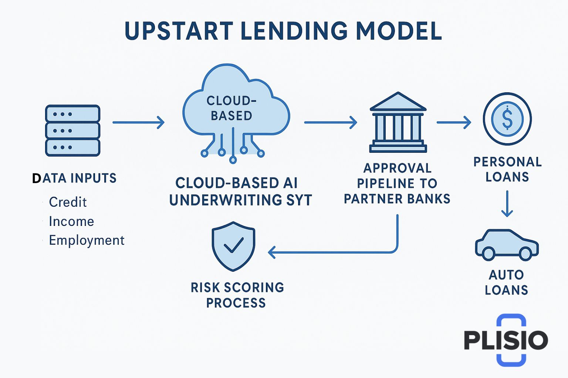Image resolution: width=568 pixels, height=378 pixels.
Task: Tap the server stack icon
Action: pos(72,131)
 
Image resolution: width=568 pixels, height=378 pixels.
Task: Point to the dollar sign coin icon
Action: pos(507,119)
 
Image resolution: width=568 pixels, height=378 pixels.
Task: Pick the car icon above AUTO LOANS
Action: pos(507,245)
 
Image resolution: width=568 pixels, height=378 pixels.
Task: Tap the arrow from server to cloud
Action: pos(138,122)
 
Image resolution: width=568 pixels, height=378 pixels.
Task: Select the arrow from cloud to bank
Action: pos(330,122)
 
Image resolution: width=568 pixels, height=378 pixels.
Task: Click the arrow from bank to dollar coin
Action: pos(454,122)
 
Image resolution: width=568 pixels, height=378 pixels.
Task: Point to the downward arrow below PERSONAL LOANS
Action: pos(507,203)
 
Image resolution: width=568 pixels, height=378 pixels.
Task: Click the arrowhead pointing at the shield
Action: pos(271,252)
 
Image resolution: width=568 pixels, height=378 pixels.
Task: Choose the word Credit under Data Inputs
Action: pos(68,202)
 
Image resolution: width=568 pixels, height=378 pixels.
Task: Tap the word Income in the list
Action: pos(71,221)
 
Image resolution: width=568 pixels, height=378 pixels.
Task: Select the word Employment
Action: pos(87,240)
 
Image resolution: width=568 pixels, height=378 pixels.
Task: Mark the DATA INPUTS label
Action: pos(74,178)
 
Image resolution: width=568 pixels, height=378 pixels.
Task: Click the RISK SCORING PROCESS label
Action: pos(237,295)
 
